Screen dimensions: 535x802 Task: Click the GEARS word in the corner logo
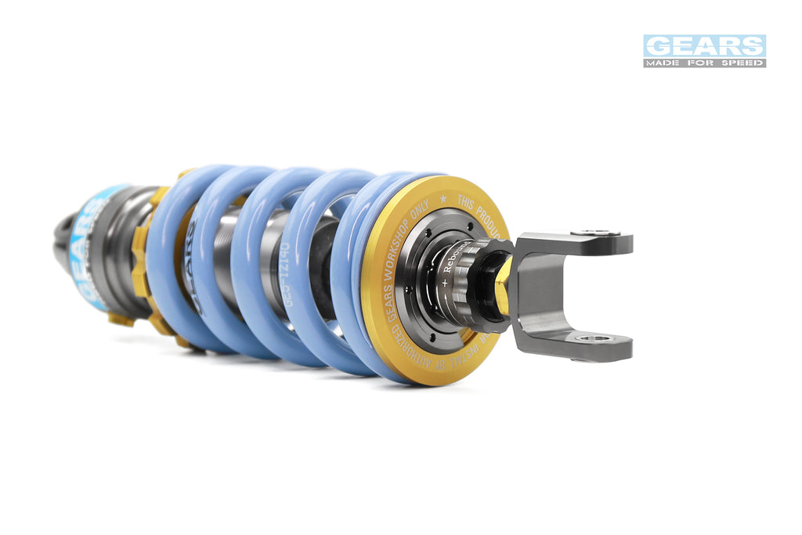704,45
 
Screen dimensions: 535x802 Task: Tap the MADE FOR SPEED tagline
704,63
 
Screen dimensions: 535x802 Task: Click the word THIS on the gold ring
468,205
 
